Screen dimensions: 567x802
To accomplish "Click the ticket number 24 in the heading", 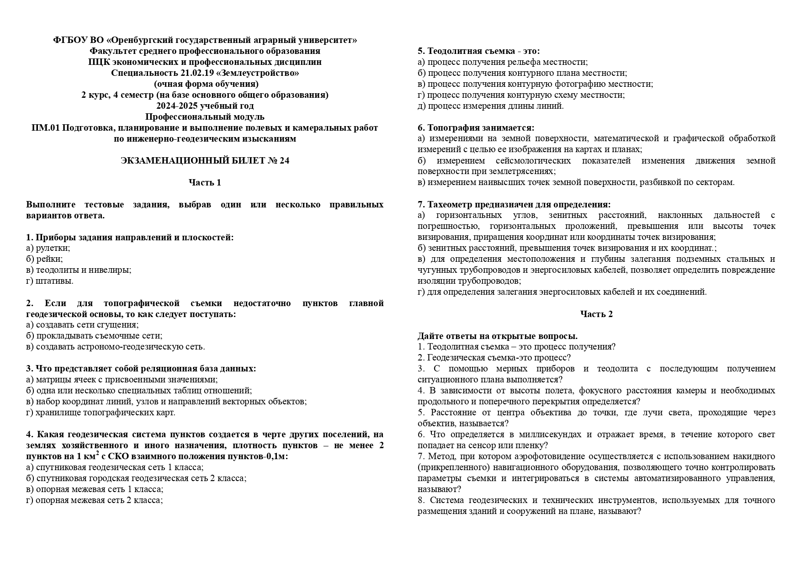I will pyautogui.click(x=284, y=161).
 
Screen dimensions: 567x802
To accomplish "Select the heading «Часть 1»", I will pyautogui.click(x=205, y=183).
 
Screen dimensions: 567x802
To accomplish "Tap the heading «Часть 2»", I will pyautogui.click(x=596, y=314).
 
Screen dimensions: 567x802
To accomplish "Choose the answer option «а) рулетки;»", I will pyautogui.click(x=48, y=248).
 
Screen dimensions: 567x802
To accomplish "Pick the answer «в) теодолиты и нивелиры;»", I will pyautogui.click(x=79, y=270).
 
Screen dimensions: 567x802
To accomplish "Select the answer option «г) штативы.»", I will pyautogui.click(x=50, y=281).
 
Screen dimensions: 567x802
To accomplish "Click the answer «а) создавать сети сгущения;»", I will pyautogui.click(x=82, y=325).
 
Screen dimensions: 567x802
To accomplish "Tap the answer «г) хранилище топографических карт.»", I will pyautogui.click(x=101, y=413).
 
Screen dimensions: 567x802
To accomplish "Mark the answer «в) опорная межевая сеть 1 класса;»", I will pyautogui.click(x=95, y=489).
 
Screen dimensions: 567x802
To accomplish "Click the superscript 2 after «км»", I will pyautogui.click(x=98, y=454).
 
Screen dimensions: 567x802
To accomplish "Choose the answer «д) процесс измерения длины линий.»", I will pyautogui.click(x=490, y=106).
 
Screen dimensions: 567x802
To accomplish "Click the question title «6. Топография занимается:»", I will pyautogui.click(x=476, y=128).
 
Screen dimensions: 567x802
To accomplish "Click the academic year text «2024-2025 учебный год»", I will pyautogui.click(x=205, y=106).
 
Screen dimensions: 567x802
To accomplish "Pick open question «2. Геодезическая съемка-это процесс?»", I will pyautogui.click(x=494, y=358).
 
